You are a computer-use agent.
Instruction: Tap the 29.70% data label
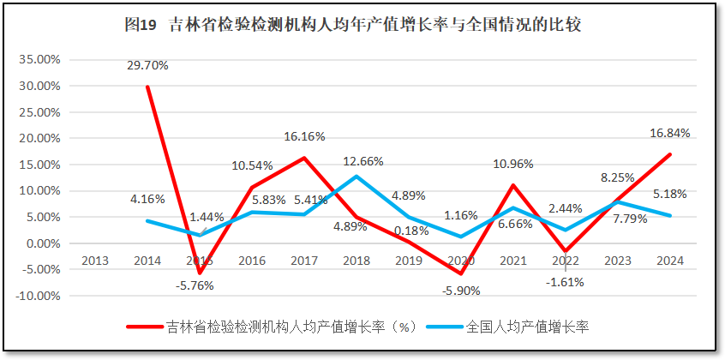coord(147,65)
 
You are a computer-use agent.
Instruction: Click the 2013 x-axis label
coord(94,261)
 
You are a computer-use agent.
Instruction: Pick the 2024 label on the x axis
coord(670,261)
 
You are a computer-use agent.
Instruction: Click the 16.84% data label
coord(668,133)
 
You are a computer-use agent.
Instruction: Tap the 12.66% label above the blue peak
coord(363,161)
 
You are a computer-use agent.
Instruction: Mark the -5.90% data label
coord(461,290)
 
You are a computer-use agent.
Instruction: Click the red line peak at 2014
coord(147,87)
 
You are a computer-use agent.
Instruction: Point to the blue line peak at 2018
coord(356,177)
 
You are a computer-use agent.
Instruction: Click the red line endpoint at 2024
coord(670,155)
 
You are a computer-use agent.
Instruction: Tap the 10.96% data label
coord(513,163)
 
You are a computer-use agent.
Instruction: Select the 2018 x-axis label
coord(356,261)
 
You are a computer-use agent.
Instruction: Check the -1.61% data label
coord(566,281)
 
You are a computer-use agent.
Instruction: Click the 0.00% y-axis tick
coord(42,243)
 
